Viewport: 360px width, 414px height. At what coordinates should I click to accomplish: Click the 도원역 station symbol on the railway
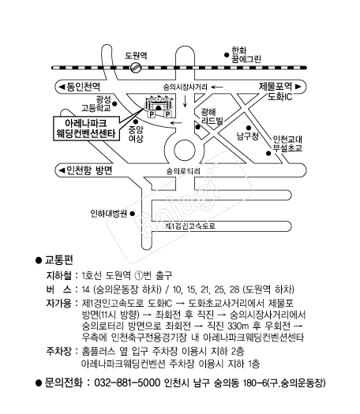[136, 68]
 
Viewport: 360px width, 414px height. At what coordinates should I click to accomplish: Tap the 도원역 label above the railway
[136, 55]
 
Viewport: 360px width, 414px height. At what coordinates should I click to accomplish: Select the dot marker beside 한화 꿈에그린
[227, 55]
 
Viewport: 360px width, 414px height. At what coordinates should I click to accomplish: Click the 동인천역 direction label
[79, 87]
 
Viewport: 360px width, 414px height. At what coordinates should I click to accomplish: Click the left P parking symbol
[152, 114]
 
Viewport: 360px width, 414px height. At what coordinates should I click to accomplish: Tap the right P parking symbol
[167, 114]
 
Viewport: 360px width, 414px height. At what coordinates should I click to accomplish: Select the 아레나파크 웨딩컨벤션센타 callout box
[86, 128]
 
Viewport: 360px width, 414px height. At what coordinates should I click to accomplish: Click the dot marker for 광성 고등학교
[114, 104]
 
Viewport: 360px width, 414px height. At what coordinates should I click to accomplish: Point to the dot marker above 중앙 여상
[136, 121]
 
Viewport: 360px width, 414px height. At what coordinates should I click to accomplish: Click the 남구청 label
[247, 136]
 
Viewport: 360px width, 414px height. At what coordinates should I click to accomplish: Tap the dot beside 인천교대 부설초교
[268, 153]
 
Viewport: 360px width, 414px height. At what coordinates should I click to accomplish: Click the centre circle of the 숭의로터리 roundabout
[185, 150]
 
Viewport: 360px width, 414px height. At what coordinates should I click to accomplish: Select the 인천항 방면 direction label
[85, 170]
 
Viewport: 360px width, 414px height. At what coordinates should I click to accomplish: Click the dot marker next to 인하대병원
[133, 214]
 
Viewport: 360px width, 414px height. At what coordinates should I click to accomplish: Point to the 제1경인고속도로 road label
[190, 226]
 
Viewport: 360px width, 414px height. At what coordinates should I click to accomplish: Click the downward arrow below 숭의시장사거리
[185, 101]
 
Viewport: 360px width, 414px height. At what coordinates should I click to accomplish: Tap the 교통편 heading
[58, 260]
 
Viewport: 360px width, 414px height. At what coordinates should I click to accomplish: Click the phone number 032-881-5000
[127, 382]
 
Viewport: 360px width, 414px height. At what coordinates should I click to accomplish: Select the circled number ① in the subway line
[139, 276]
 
